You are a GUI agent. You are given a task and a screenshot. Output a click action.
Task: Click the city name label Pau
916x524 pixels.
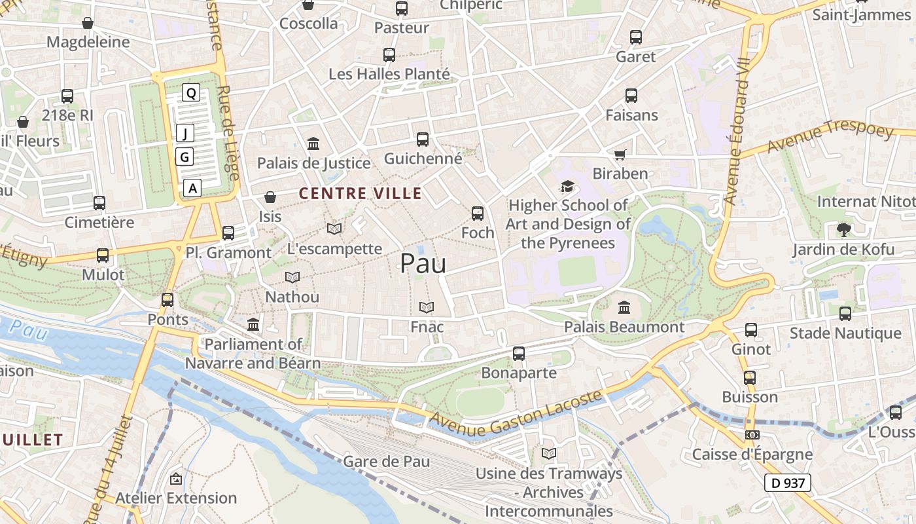[423, 263]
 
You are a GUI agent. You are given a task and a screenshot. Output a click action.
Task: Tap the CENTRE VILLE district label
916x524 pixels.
[361, 193]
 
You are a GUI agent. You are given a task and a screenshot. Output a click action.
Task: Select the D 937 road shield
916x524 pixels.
[788, 483]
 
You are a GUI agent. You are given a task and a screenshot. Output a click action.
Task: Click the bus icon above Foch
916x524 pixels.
[478, 213]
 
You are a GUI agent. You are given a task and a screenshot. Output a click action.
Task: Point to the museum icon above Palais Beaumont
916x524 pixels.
[624, 307]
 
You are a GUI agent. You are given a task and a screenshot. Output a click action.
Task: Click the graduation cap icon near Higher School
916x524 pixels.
[567, 187]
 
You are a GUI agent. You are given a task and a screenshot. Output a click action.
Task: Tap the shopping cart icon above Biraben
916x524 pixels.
[620, 155]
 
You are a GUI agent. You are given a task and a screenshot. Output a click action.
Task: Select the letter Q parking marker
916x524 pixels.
[191, 93]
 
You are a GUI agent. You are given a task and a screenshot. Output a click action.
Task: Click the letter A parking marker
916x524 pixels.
[192, 188]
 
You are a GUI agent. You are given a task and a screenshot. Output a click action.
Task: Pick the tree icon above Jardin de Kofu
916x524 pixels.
[843, 230]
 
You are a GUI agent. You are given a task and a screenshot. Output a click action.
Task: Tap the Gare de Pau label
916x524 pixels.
[387, 461]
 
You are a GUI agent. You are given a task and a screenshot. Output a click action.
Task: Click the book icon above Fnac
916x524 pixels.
[427, 307]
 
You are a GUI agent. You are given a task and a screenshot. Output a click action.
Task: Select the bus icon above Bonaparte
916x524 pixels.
[519, 354]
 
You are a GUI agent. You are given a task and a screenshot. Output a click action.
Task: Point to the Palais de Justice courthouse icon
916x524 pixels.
[313, 143]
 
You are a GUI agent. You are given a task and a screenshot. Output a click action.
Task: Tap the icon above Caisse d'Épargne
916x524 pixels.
[752, 435]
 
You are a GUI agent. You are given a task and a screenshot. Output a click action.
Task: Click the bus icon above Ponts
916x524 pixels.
[167, 300]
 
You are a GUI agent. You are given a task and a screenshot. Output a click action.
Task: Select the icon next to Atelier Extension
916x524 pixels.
[175, 479]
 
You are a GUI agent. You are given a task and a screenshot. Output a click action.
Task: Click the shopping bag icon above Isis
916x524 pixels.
[270, 197]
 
